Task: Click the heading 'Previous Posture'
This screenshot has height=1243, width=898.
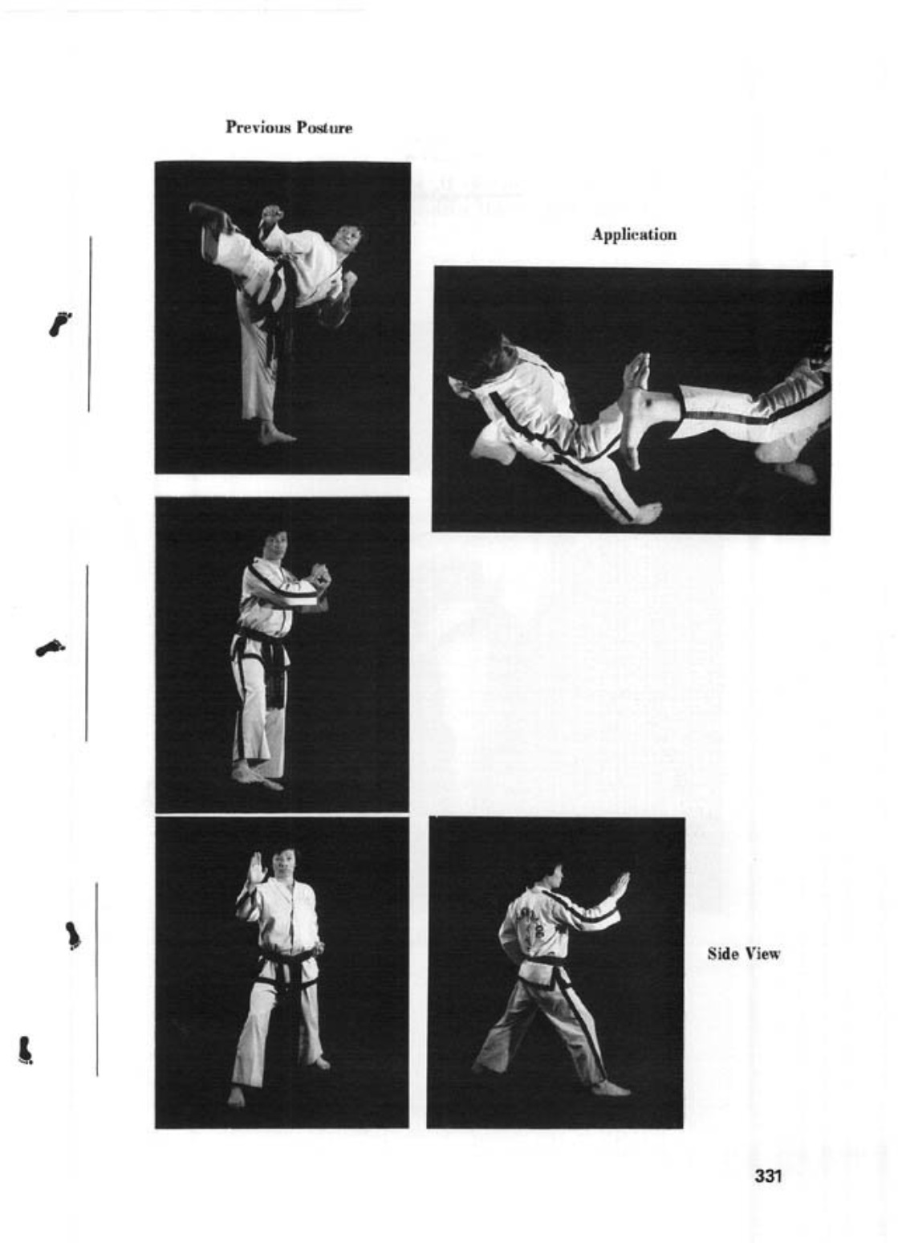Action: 288,128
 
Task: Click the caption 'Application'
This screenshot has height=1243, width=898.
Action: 633,234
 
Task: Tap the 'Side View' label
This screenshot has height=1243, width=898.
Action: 743,954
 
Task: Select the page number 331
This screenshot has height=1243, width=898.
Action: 767,1176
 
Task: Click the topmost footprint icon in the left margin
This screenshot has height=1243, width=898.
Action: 59,324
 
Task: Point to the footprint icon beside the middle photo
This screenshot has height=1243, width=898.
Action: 50,647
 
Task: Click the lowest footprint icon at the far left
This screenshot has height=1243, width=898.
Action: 25,1049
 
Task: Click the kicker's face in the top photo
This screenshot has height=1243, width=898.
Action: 347,237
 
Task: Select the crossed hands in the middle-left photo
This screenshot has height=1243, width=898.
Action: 319,577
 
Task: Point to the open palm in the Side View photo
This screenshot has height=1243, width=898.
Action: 618,885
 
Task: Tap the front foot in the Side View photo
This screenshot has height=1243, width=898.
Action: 612,1089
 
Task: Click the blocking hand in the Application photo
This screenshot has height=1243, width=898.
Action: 636,373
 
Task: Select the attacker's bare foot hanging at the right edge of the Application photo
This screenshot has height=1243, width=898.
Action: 795,471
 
